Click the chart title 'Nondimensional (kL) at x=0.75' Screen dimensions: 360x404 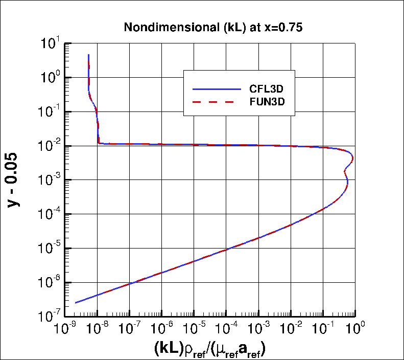(213, 28)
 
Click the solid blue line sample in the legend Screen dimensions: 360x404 (216, 89)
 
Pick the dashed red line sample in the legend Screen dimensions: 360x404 (216, 102)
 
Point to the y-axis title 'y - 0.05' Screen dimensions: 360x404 (16, 179)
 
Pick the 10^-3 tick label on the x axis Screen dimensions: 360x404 (258, 327)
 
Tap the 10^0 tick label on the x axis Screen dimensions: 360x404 (355, 327)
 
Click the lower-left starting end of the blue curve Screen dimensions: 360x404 (76, 303)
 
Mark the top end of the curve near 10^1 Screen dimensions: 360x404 (89, 55)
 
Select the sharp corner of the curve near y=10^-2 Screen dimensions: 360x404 (98, 143)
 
